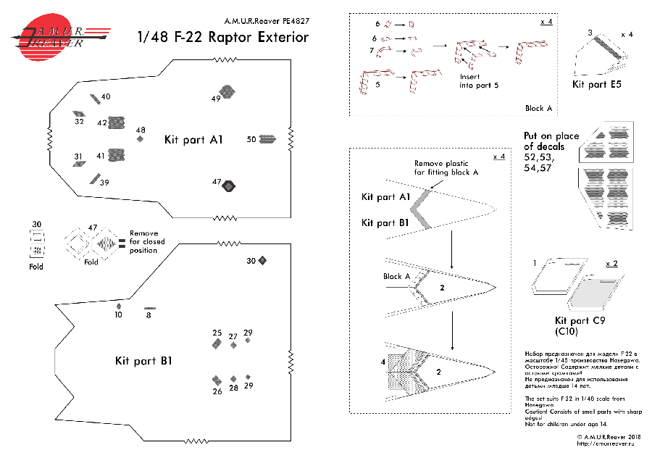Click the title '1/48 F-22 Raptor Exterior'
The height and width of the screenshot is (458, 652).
(x=223, y=38)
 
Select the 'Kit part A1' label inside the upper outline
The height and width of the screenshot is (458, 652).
(x=193, y=139)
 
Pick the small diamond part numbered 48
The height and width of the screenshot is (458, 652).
(x=141, y=138)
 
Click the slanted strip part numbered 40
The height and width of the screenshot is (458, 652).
(x=95, y=99)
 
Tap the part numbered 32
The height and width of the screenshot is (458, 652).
(x=79, y=114)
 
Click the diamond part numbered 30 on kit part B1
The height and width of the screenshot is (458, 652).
(x=263, y=260)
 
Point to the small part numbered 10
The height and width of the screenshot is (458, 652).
(x=119, y=306)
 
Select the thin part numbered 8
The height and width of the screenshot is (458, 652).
(x=149, y=309)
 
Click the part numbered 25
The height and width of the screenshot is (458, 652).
(x=217, y=344)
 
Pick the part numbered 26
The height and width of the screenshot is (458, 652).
(x=217, y=380)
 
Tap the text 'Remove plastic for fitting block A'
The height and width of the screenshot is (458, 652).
(x=446, y=168)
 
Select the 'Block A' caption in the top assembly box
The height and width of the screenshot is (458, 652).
(x=538, y=108)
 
